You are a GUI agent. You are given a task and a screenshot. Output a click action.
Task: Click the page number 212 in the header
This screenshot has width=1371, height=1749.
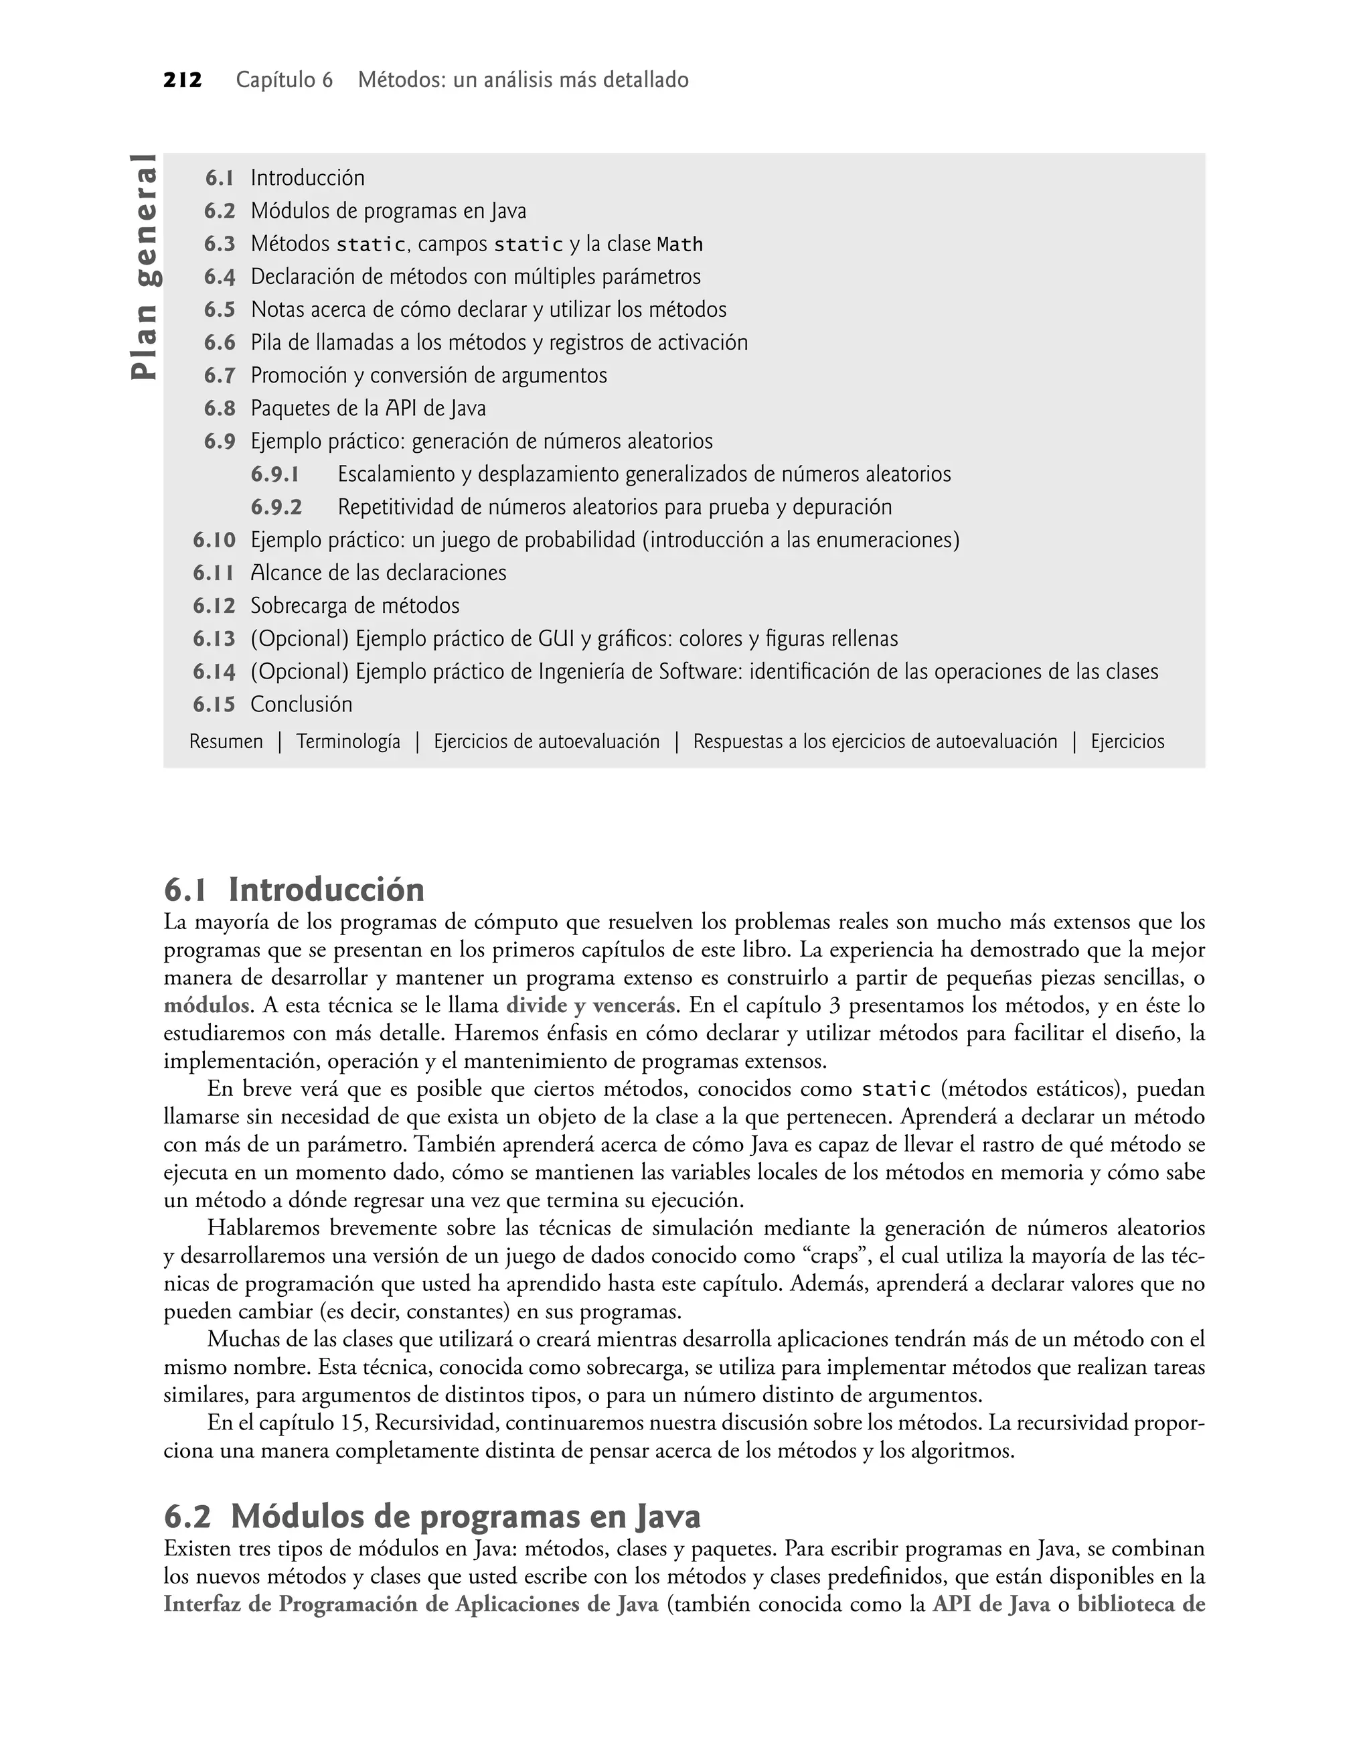click(x=182, y=80)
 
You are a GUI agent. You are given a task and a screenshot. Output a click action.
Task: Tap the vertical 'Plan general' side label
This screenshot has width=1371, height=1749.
click(x=146, y=266)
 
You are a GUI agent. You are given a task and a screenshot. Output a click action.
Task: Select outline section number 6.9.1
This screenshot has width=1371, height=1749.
click(x=274, y=474)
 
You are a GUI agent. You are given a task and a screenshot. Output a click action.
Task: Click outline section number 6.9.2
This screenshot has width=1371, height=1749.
click(x=276, y=508)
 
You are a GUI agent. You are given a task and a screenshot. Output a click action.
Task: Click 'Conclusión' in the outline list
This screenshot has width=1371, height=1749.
click(x=301, y=704)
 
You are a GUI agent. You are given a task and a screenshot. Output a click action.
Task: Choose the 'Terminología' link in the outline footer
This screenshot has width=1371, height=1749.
click(x=348, y=741)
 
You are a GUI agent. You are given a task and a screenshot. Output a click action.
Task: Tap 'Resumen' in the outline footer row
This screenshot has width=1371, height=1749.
click(x=226, y=741)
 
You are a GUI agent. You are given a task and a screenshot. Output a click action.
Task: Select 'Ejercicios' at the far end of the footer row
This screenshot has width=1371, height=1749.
click(x=1127, y=741)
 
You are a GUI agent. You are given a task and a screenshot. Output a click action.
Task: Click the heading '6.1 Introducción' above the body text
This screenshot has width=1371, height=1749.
click(x=294, y=890)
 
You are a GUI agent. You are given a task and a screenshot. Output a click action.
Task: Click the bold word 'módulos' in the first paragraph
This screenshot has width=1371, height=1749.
click(x=206, y=1005)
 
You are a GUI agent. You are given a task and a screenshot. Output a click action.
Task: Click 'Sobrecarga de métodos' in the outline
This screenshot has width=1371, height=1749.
click(x=355, y=606)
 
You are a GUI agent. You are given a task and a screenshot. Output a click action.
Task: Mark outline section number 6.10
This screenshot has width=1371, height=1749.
click(x=214, y=541)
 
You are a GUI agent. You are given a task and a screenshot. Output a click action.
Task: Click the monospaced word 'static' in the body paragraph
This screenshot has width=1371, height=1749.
click(x=896, y=1090)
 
